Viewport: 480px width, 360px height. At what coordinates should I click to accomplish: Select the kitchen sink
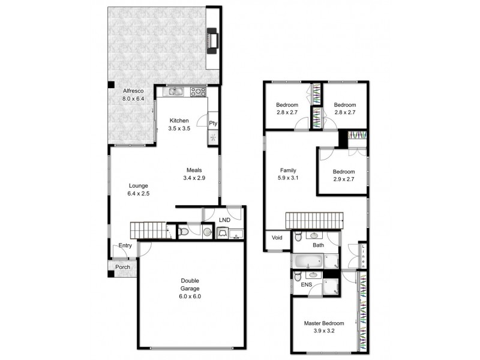[x=175, y=92]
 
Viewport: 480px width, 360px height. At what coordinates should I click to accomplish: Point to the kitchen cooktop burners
[x=197, y=92]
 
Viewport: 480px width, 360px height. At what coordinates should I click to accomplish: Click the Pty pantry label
[x=213, y=123]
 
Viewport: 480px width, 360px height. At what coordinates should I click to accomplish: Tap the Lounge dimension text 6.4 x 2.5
[x=137, y=194]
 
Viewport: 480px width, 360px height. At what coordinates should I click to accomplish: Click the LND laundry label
[x=224, y=220]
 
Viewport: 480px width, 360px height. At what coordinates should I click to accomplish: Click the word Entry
[x=125, y=245]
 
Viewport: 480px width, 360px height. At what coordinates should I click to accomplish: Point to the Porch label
[x=123, y=268]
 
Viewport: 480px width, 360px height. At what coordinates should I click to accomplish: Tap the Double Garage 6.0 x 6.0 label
[x=191, y=288]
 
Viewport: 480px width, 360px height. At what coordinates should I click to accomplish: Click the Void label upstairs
[x=277, y=238]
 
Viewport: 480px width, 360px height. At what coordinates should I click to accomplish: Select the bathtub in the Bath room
[x=308, y=262]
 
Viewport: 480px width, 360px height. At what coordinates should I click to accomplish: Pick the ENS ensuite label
[x=306, y=285]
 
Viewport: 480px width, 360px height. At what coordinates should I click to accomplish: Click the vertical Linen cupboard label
[x=362, y=256]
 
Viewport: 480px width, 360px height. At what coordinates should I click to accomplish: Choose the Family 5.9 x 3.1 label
[x=288, y=174]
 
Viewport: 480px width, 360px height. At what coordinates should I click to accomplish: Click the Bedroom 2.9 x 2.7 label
[x=344, y=175]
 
